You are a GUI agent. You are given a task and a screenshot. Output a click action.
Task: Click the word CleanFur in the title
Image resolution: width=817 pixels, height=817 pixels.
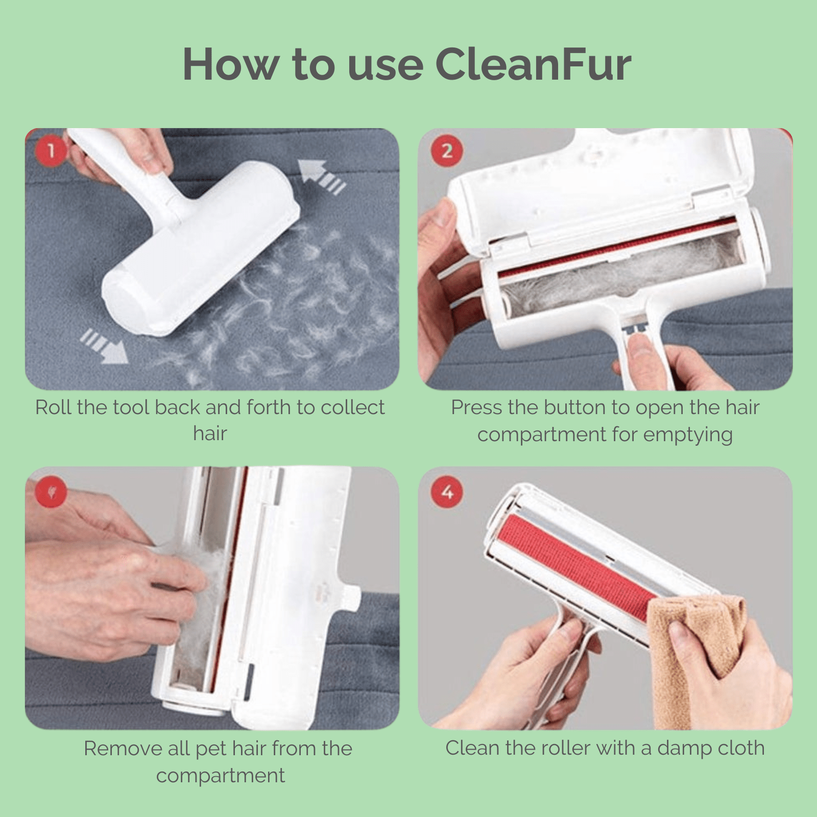(534, 65)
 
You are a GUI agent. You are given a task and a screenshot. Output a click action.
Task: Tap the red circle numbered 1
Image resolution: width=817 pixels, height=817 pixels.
(51, 151)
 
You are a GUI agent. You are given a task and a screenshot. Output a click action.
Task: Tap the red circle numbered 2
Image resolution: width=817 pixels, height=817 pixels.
(447, 151)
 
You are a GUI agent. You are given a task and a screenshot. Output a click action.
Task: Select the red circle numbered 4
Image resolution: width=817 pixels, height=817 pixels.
(447, 492)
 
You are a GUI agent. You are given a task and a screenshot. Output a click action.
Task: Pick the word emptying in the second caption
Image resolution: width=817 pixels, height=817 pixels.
(688, 435)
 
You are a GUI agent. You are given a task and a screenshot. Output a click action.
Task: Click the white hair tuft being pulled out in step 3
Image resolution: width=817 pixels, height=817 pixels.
(212, 577)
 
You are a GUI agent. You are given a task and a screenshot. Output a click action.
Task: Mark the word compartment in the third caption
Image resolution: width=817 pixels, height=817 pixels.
(220, 776)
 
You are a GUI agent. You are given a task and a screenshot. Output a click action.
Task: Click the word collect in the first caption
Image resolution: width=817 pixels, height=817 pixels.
(353, 407)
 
